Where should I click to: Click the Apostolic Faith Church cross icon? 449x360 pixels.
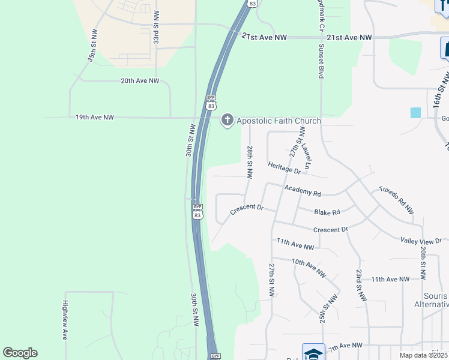pyautogui.click(x=227, y=120)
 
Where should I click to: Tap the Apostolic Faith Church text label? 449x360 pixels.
pyautogui.click(x=279, y=121)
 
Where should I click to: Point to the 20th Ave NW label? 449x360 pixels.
pyautogui.click(x=140, y=80)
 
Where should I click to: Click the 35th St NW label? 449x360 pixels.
pyautogui.click(x=92, y=47)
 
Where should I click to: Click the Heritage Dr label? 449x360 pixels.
pyautogui.click(x=284, y=168)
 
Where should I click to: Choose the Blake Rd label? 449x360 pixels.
pyautogui.click(x=327, y=212)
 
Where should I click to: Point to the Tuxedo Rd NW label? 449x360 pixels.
pyautogui.click(x=396, y=200)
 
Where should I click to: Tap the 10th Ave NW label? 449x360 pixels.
pyautogui.click(x=309, y=267)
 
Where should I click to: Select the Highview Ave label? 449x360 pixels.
pyautogui.click(x=65, y=320)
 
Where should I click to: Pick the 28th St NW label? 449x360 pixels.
pyautogui.click(x=249, y=161)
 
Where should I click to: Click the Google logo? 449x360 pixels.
pyautogui.click(x=20, y=353)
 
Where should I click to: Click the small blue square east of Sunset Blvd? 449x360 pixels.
pyautogui.click(x=415, y=112)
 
